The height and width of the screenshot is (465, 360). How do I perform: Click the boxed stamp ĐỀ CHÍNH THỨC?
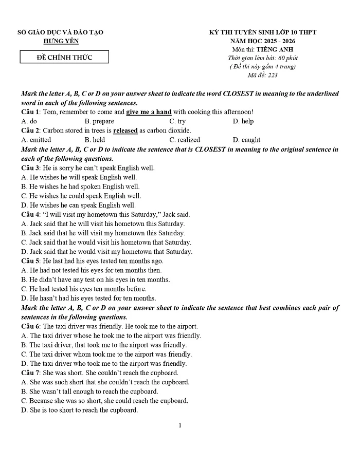[x=64, y=57]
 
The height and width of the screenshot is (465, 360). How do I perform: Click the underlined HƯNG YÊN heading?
[x=61, y=41]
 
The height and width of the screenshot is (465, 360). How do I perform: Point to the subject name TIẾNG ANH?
[x=277, y=49]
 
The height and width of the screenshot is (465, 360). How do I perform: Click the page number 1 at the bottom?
[x=180, y=425]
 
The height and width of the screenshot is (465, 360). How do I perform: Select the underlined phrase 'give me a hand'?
[x=149, y=112]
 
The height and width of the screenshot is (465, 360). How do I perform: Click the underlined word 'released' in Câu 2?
[x=125, y=131]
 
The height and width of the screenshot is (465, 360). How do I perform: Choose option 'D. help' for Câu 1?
[x=243, y=121]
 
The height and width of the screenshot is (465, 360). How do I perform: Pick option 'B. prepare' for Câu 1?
[x=99, y=121]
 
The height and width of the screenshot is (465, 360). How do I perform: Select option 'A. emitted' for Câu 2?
[x=36, y=140]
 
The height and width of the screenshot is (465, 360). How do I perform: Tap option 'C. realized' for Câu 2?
[x=185, y=140]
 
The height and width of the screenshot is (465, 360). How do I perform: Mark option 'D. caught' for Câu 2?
[x=246, y=140]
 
